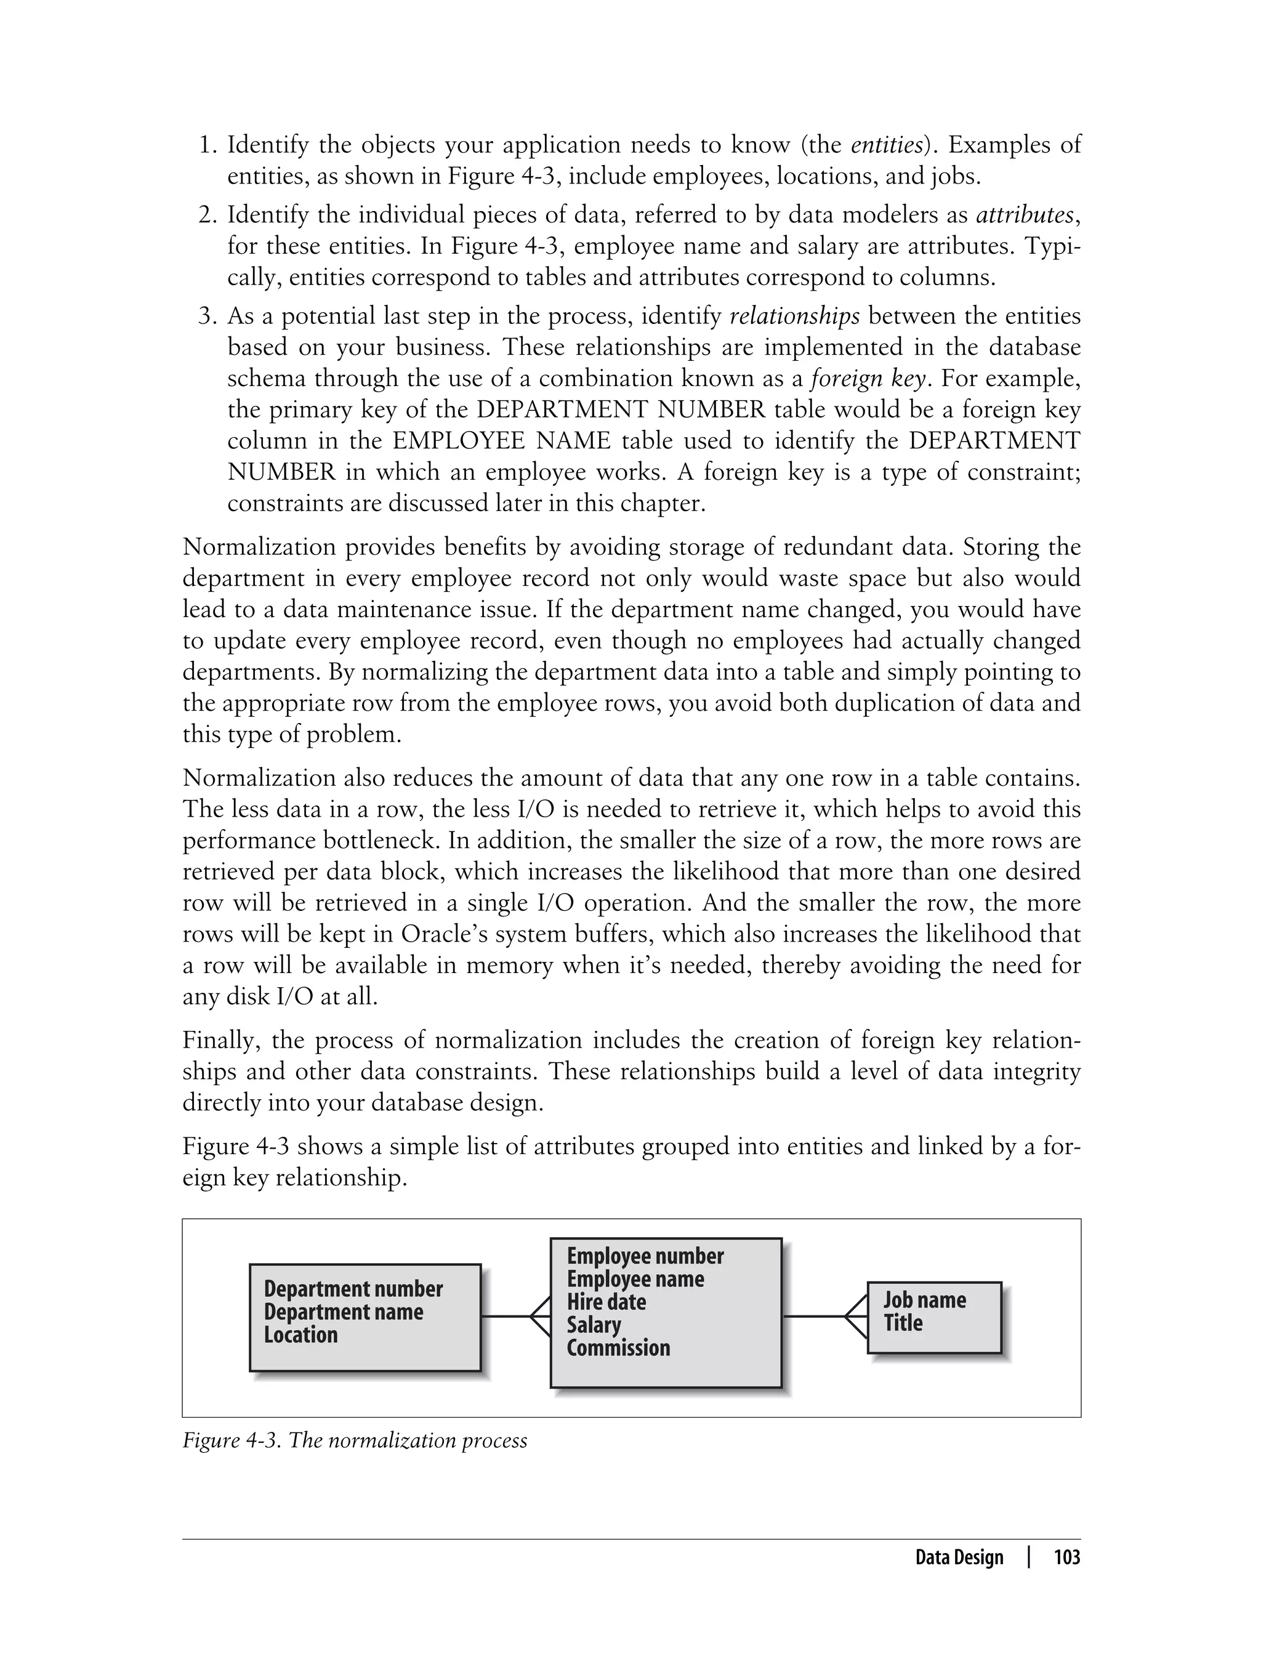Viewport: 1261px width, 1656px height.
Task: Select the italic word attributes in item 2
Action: point(1025,215)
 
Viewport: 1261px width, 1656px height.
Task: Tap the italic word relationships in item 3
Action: point(795,316)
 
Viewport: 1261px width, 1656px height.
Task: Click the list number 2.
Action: point(207,215)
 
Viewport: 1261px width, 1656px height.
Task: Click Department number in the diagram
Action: point(353,1289)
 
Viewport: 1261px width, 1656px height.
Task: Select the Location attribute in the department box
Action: point(300,1335)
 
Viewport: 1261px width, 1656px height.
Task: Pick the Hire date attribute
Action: point(606,1302)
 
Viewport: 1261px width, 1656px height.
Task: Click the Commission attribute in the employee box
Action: point(618,1347)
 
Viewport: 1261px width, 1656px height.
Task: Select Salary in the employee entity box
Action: point(594,1325)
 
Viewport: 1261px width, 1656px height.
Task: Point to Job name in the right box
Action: point(924,1299)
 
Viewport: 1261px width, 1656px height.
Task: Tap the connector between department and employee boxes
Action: point(504,1317)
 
